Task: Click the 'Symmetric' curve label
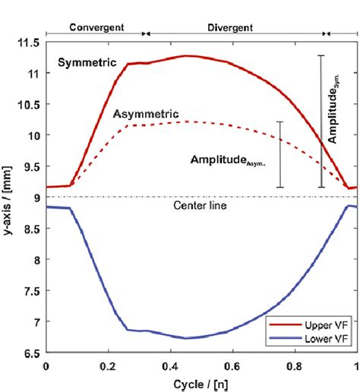pyautogui.click(x=85, y=63)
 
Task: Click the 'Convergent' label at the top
pyautogui.click(x=96, y=24)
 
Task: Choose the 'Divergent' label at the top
pyautogui.click(x=233, y=24)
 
